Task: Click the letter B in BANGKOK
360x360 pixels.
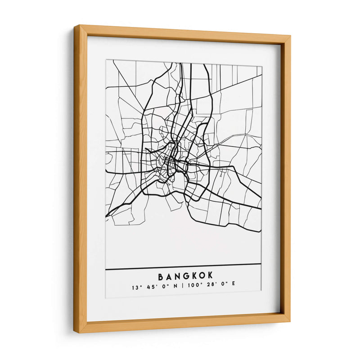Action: coord(161,275)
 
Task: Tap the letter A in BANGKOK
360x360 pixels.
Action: coord(170,275)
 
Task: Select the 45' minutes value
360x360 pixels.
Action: coord(150,287)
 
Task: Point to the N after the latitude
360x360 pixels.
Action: coord(175,287)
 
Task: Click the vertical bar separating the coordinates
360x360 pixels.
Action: coord(181,287)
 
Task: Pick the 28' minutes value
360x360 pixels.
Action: coord(210,287)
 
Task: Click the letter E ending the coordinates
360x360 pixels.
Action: coord(234,287)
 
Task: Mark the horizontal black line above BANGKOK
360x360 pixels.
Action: coord(183,266)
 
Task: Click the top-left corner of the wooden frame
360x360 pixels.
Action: coord(76,27)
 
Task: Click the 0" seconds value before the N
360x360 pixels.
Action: coord(164,287)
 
